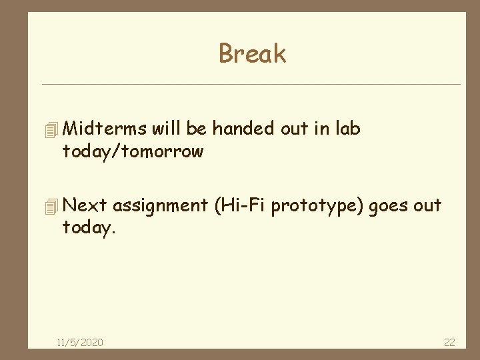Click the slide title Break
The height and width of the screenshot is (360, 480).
(x=252, y=54)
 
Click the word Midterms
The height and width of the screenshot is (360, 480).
(x=107, y=128)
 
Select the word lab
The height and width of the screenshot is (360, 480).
(x=347, y=128)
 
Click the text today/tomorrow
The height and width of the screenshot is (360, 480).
(x=133, y=152)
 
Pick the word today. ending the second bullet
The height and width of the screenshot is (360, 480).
(x=88, y=229)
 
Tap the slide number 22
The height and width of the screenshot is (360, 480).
(x=449, y=343)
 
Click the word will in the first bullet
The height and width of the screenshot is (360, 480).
(x=168, y=128)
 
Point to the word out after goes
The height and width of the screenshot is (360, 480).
(x=427, y=205)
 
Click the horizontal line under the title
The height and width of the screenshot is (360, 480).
(x=251, y=85)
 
